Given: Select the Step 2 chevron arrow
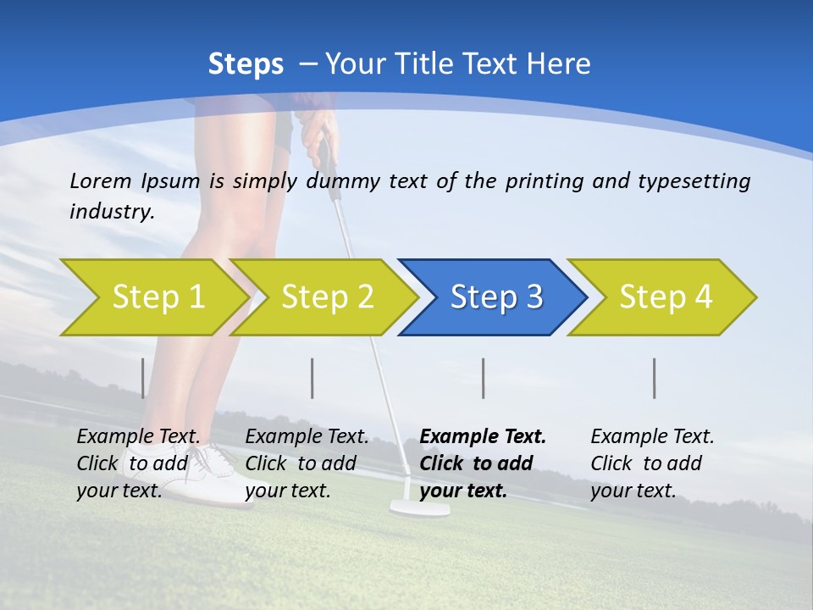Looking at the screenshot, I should pyautogui.click(x=326, y=297).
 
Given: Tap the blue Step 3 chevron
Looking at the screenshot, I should pyautogui.click(x=495, y=297).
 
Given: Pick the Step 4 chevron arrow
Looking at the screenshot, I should pyautogui.click(x=665, y=297).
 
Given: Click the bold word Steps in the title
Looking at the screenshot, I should pyautogui.click(x=246, y=64).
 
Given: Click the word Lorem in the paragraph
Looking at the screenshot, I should pyautogui.click(x=100, y=180).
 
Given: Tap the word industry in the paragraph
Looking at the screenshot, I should pyautogui.click(x=111, y=212).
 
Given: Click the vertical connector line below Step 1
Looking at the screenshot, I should pyautogui.click(x=143, y=378).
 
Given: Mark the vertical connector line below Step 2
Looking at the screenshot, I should pyautogui.click(x=312, y=378).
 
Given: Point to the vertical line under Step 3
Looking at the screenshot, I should pyautogui.click(x=484, y=378).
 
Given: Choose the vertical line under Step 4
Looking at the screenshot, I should pyautogui.click(x=655, y=378).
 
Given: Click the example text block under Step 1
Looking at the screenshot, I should pyautogui.click(x=139, y=463).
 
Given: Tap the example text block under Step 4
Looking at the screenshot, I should pyautogui.click(x=652, y=463).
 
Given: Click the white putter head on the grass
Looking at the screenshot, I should pyautogui.click(x=419, y=508).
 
